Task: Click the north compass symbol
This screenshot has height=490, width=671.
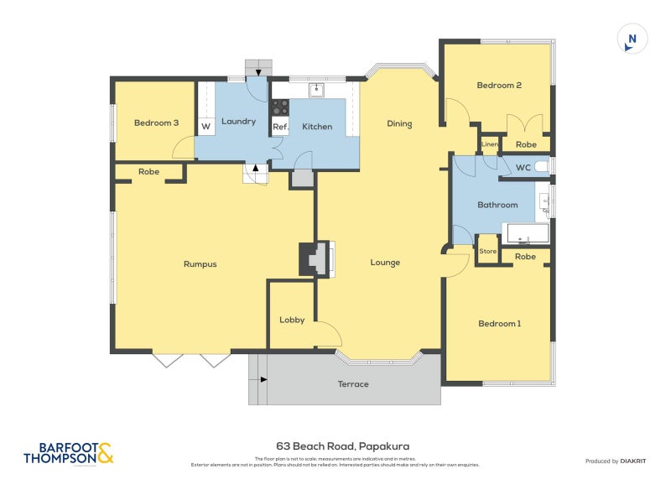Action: (632, 39)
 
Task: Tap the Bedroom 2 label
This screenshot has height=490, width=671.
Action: (499, 85)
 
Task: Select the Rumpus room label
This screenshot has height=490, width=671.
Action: (200, 264)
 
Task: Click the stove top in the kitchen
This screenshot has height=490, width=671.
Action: (280, 107)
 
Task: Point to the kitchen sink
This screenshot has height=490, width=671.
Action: (317, 88)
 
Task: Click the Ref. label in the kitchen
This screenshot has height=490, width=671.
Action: (280, 127)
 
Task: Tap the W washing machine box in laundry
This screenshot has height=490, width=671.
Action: (205, 127)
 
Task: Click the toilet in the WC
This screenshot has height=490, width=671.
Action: (542, 168)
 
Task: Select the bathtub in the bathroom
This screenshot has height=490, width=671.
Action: (526, 234)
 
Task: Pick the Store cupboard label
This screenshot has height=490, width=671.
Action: (487, 251)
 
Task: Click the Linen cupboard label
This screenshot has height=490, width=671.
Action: (490, 145)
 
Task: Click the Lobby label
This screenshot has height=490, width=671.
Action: (291, 320)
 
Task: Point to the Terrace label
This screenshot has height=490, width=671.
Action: (353, 384)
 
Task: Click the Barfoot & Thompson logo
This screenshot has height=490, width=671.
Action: (67, 453)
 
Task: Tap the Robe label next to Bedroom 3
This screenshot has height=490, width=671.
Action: (149, 171)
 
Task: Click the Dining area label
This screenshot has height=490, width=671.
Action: (399, 124)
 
